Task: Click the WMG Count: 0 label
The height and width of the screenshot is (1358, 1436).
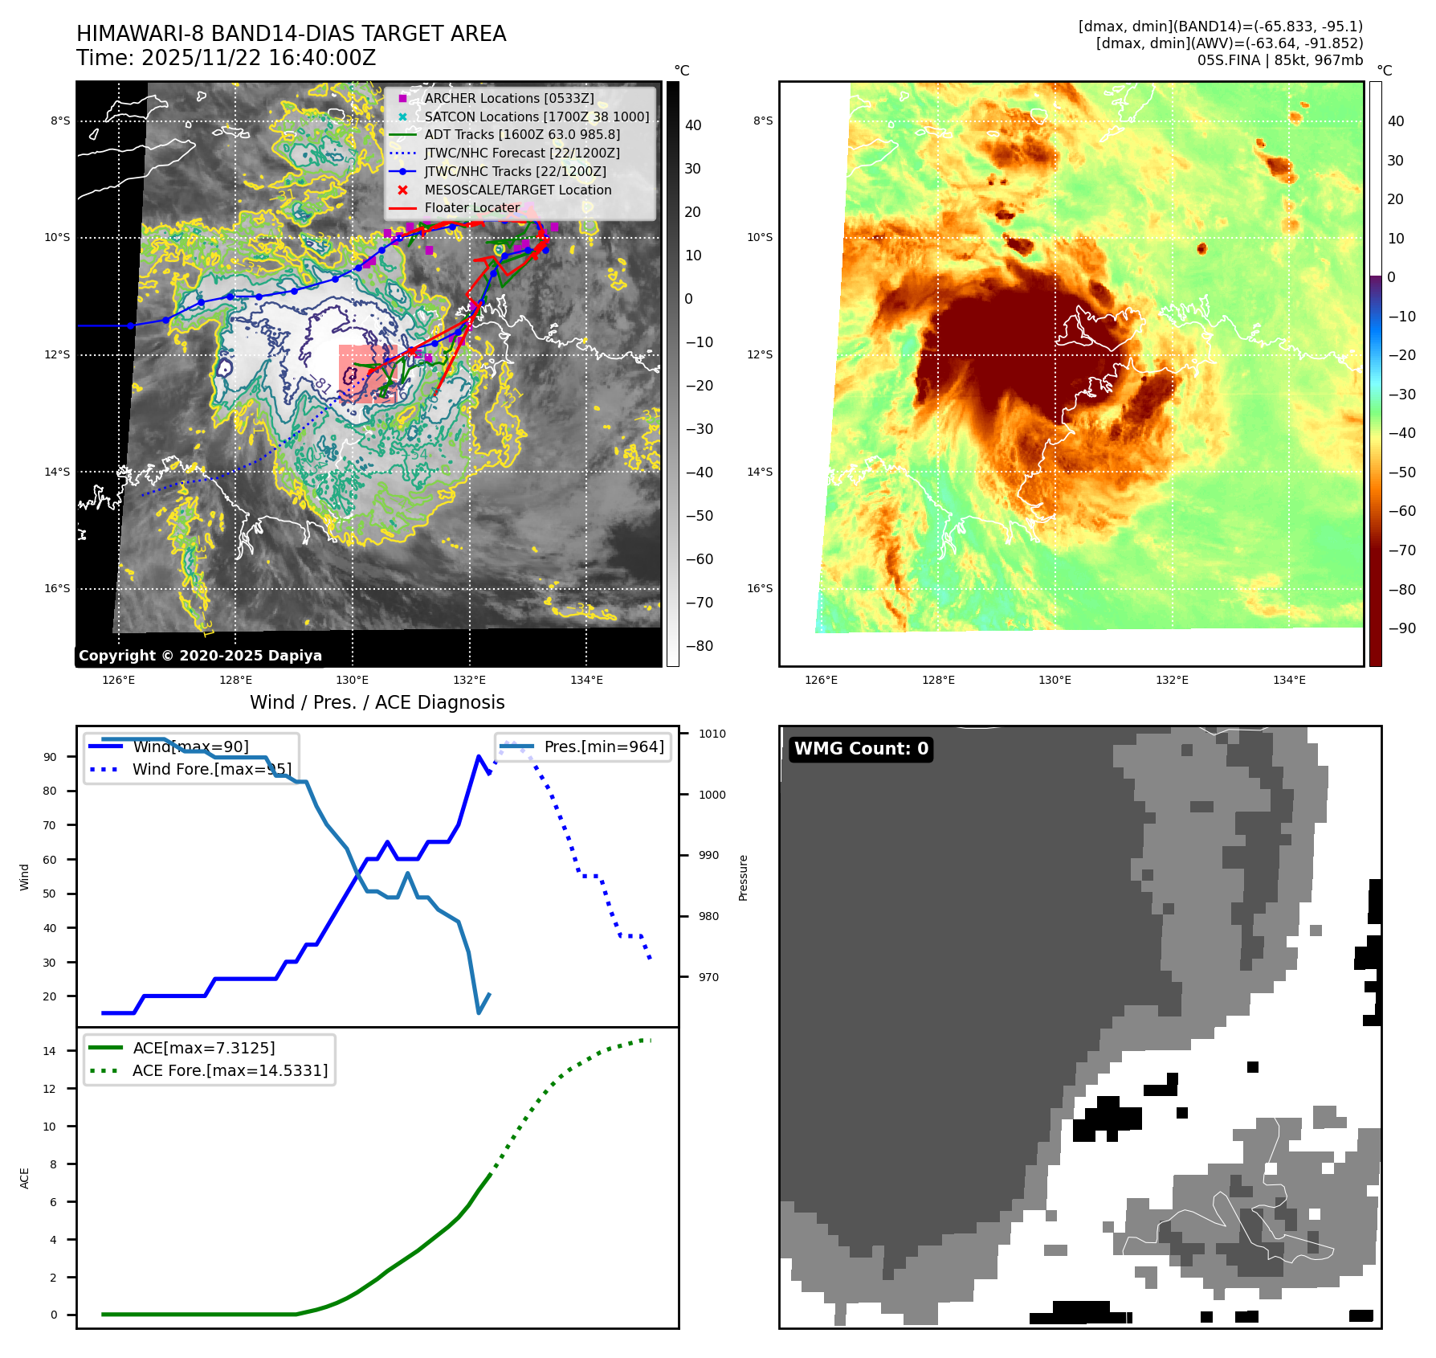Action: tap(861, 749)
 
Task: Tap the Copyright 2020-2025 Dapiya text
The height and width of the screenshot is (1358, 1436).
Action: tap(200, 656)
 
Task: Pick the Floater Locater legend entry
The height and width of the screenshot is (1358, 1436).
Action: tap(471, 207)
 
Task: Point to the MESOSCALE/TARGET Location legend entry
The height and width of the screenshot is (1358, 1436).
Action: tap(517, 190)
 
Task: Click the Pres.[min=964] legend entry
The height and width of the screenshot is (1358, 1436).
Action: tap(603, 746)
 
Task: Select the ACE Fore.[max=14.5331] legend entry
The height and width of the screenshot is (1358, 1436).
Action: tap(230, 1070)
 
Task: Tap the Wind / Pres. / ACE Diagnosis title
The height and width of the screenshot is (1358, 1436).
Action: tap(377, 702)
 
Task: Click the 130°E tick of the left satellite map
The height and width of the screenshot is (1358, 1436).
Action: tap(352, 680)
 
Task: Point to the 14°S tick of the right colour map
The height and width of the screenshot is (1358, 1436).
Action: tap(760, 472)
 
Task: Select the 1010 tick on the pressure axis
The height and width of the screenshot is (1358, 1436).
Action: tap(712, 734)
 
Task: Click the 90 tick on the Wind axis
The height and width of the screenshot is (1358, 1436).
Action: tap(51, 757)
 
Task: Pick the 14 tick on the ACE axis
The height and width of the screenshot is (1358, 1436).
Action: tap(50, 1051)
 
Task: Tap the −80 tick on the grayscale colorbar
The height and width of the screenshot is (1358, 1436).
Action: tap(699, 646)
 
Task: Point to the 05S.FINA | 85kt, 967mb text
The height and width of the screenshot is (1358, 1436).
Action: tap(1279, 60)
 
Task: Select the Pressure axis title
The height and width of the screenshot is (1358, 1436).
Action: tap(743, 877)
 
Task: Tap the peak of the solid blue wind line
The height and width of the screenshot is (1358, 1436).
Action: tap(479, 756)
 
